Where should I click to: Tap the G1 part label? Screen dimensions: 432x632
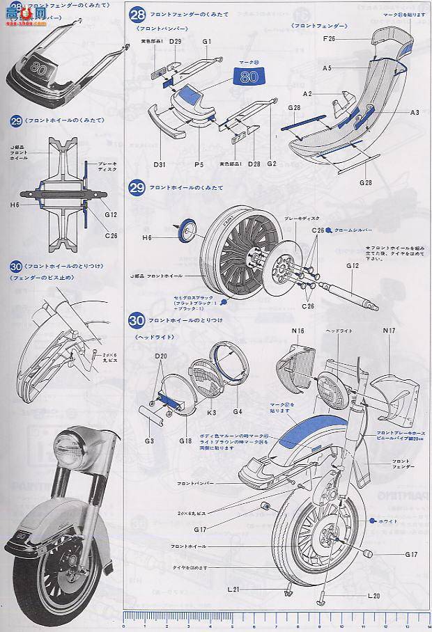click(207, 42)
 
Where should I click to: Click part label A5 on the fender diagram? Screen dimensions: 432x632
click(326, 68)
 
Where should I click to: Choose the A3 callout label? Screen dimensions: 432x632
click(414, 112)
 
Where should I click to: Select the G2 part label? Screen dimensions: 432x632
click(272, 164)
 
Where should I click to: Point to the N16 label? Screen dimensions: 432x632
click(298, 331)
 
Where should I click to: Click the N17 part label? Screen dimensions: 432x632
click(389, 331)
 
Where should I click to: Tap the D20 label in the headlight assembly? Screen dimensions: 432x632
click(162, 356)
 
